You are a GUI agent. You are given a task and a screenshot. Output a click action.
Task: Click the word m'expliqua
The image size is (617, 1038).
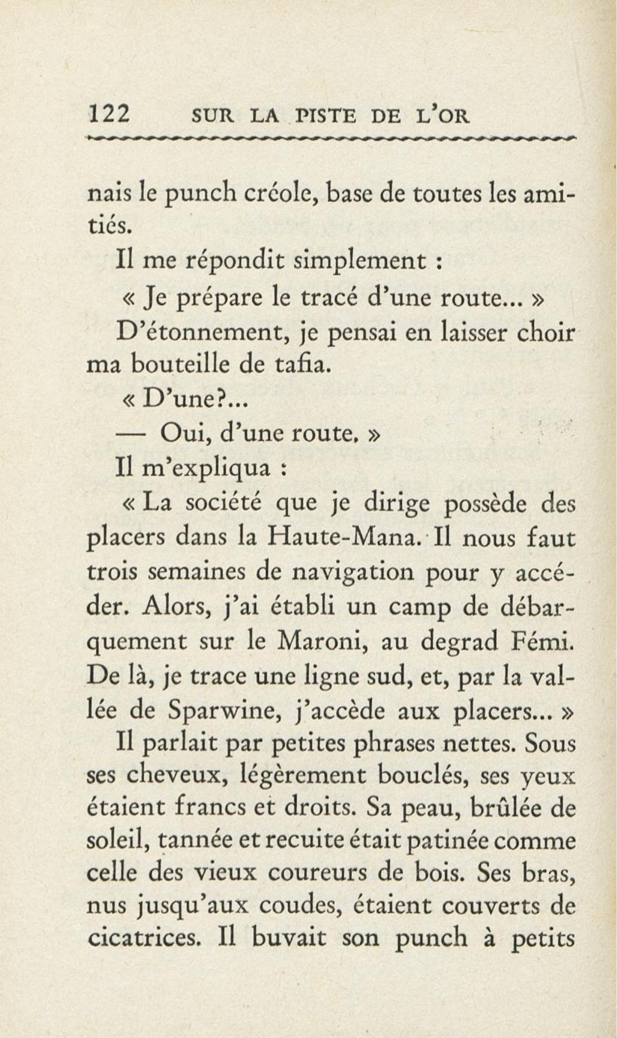tap(206, 471)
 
